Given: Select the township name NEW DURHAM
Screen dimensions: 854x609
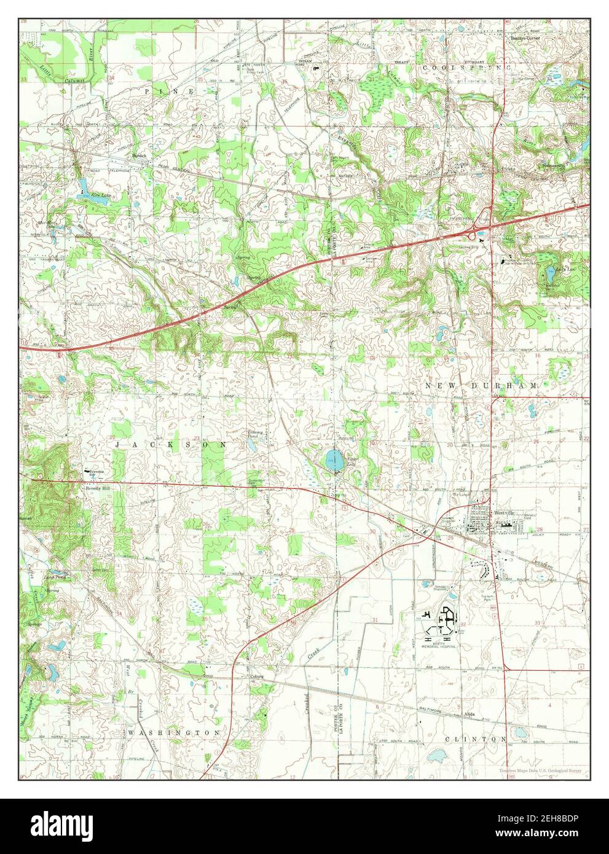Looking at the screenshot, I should [x=481, y=385].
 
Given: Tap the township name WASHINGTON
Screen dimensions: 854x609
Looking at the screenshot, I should [x=174, y=733].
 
